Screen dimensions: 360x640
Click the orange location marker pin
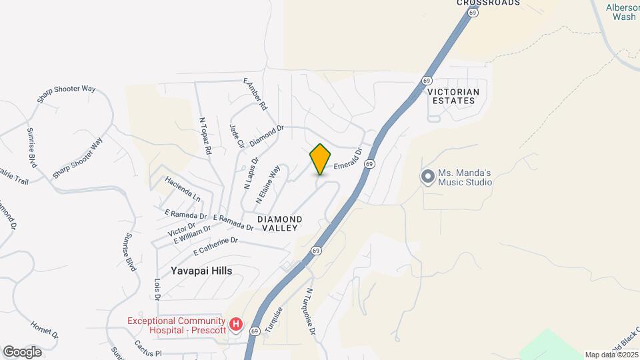(x=321, y=159)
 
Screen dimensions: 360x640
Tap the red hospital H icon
(x=235, y=325)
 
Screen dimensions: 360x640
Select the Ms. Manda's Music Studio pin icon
(x=427, y=177)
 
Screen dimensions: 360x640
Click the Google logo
(x=22, y=351)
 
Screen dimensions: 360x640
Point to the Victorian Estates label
(x=451, y=96)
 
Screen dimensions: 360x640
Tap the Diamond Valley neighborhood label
(x=280, y=223)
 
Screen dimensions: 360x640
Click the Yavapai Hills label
(x=196, y=271)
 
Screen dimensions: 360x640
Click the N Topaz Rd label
(x=205, y=137)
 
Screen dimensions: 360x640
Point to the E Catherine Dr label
(x=215, y=246)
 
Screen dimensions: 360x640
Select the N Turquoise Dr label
(x=309, y=311)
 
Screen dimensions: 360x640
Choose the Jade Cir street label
(x=235, y=137)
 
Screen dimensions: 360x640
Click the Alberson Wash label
(x=623, y=12)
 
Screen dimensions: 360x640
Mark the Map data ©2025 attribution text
(x=611, y=355)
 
